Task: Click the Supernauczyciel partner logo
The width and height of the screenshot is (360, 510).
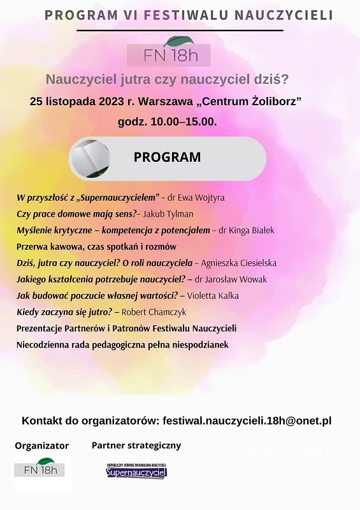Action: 136,471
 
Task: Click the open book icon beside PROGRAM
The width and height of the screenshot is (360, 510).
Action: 90,158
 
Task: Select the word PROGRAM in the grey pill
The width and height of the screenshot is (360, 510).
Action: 167,157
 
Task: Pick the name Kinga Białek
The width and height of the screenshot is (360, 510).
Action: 247,230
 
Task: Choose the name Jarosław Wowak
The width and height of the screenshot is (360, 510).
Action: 231,279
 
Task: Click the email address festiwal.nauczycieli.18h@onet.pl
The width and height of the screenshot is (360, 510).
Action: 247,421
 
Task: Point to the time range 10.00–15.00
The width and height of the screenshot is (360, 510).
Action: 184,120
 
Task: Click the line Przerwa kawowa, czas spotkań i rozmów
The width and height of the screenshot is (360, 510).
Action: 96,247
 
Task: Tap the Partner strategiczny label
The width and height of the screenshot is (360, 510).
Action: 136,446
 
